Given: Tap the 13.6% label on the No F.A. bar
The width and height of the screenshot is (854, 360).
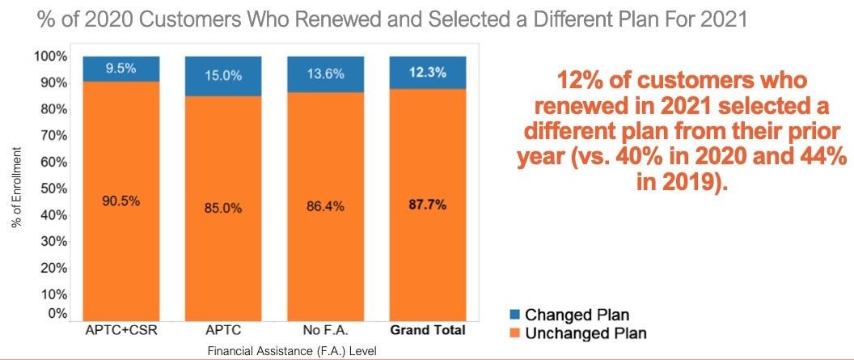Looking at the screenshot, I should (x=326, y=74).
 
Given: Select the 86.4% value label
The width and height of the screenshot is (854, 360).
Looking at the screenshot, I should (x=326, y=206).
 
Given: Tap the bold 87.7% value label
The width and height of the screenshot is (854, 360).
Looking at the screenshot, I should (x=428, y=205).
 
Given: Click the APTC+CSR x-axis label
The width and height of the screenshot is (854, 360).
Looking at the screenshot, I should (x=122, y=330).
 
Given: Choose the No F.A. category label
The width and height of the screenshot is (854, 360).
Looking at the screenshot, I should (x=326, y=330).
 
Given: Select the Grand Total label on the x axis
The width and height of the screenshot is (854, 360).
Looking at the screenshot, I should (x=428, y=330).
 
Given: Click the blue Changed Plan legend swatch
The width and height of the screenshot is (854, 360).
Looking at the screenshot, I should (x=514, y=315).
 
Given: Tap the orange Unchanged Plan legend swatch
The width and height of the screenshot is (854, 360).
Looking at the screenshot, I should (x=514, y=332).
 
